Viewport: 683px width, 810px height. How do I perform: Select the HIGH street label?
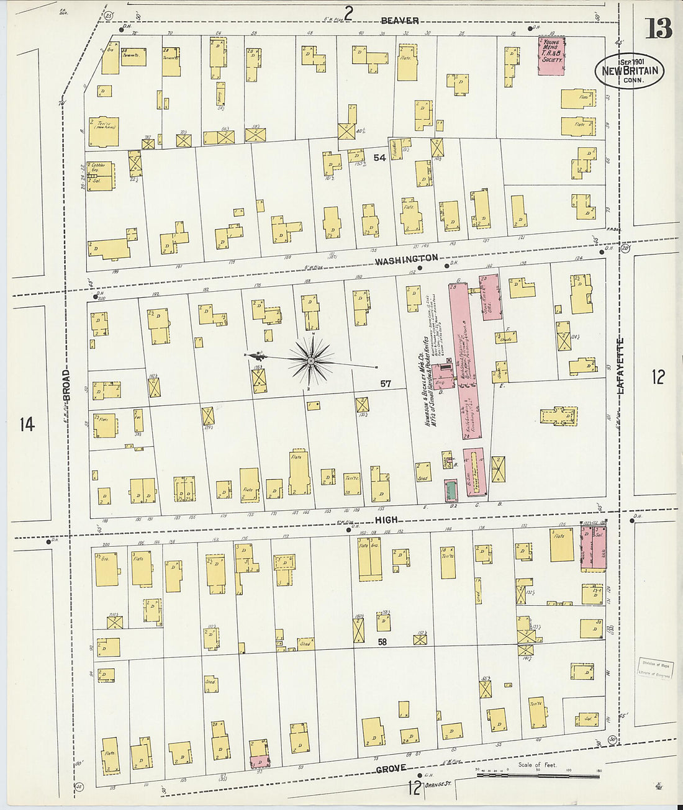[x=386, y=520]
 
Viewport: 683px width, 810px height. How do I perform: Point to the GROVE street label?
[x=391, y=769]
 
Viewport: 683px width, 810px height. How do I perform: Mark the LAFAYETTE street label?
[x=620, y=366]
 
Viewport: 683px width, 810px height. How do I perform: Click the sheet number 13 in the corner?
[x=658, y=28]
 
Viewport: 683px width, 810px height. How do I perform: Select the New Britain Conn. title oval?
[x=630, y=71]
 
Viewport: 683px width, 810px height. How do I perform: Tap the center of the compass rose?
[x=310, y=361]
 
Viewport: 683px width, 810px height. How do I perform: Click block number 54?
[x=379, y=158]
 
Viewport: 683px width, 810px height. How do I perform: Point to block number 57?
[x=386, y=384]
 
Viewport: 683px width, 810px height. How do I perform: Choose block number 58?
[x=382, y=642]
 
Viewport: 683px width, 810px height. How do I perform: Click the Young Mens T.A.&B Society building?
[x=551, y=56]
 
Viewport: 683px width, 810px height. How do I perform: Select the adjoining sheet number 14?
[x=27, y=425]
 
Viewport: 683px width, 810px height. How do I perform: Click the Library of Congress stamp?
[x=655, y=668]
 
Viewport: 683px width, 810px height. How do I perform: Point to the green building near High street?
[x=451, y=490]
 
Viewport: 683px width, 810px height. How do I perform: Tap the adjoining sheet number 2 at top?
[x=349, y=12]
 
